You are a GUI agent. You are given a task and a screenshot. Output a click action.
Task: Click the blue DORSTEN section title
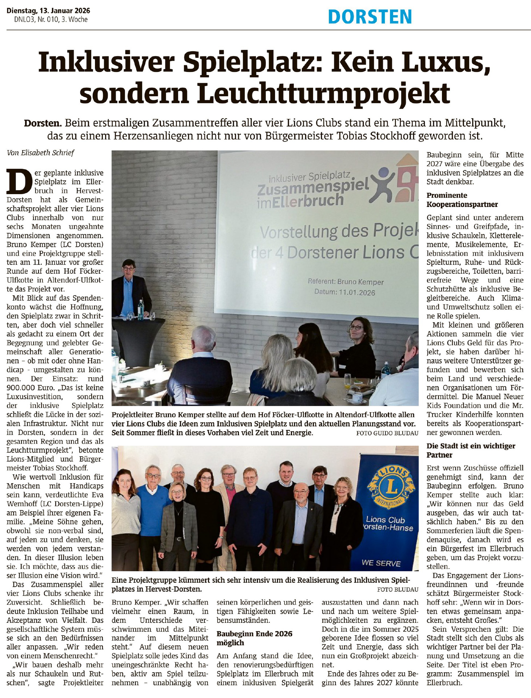(370, 17)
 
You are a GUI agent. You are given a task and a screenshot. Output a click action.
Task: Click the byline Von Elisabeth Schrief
(40, 153)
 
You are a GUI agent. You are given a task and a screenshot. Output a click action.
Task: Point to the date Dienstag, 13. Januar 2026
(48, 11)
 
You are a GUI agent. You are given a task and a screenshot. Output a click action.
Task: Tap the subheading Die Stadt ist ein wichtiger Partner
(471, 450)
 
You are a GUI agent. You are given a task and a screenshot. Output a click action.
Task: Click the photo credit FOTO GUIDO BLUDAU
(387, 433)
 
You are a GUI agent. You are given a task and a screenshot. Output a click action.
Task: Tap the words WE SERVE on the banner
(381, 563)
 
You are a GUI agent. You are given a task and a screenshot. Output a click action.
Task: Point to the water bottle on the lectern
(141, 309)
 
